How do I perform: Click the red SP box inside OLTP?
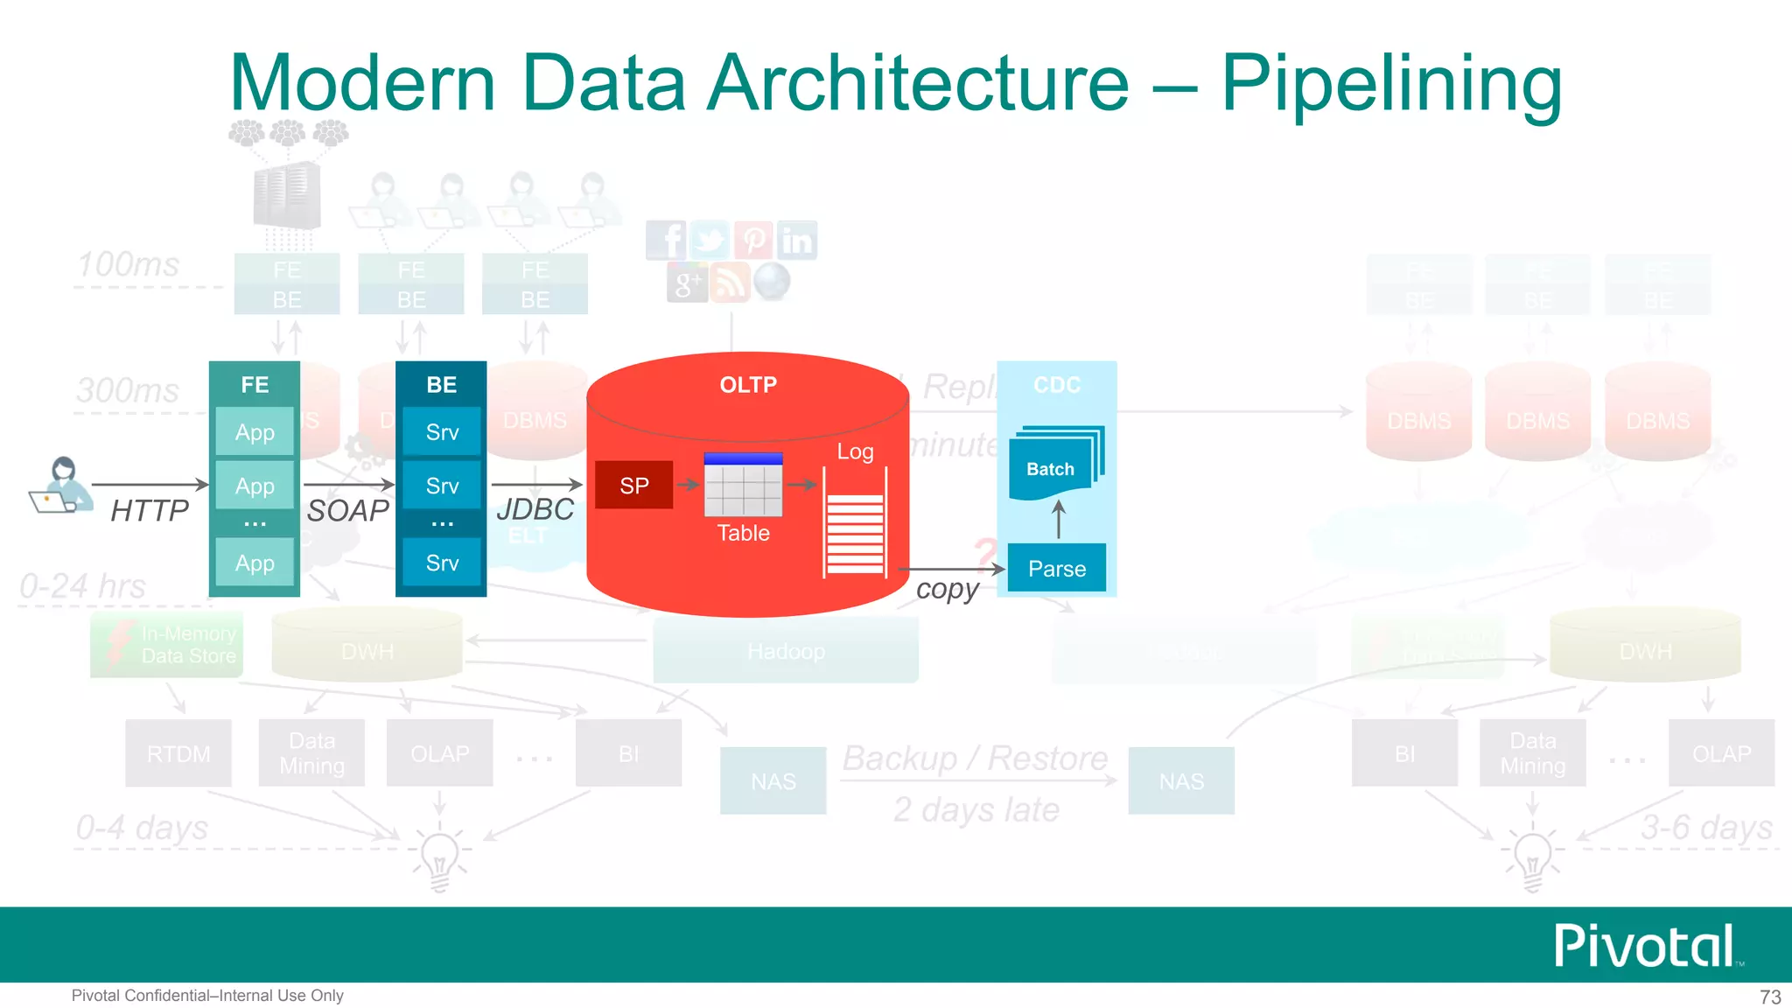pyautogui.click(x=633, y=485)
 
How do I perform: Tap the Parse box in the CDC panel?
pyautogui.click(x=1056, y=568)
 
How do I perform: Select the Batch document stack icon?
pyautogui.click(x=1054, y=465)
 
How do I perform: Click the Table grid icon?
pyautogui.click(x=743, y=486)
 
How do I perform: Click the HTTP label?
pyautogui.click(x=150, y=510)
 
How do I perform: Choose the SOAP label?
pyautogui.click(x=347, y=510)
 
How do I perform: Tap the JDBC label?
pyautogui.click(x=535, y=508)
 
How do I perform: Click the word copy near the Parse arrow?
pyautogui.click(x=947, y=590)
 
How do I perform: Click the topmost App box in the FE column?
pyautogui.click(x=255, y=431)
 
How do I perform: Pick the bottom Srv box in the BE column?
pyautogui.click(x=442, y=563)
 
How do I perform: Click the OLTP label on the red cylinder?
pyautogui.click(x=747, y=384)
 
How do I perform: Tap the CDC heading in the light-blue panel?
pyautogui.click(x=1056, y=384)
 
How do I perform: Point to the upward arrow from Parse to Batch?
pyautogui.click(x=1059, y=520)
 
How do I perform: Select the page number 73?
pyautogui.click(x=1770, y=997)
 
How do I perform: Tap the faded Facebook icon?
pyautogui.click(x=667, y=240)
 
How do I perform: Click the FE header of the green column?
pyautogui.click(x=255, y=384)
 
